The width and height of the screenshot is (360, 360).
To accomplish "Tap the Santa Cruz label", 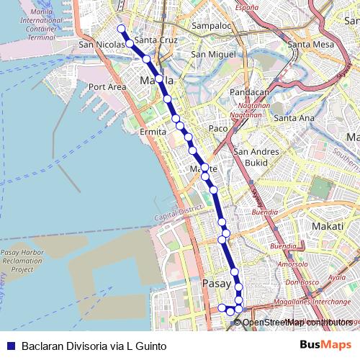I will click(x=156, y=40).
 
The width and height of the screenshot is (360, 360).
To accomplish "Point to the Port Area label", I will click(x=107, y=87).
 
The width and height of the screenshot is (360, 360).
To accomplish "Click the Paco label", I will click(x=217, y=128).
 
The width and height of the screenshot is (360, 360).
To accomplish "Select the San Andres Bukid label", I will click(x=252, y=157).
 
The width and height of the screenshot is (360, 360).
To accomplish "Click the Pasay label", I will click(x=216, y=283).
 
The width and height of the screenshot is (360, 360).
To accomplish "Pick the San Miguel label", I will click(x=213, y=54).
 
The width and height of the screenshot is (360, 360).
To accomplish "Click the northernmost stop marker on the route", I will click(x=121, y=29).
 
